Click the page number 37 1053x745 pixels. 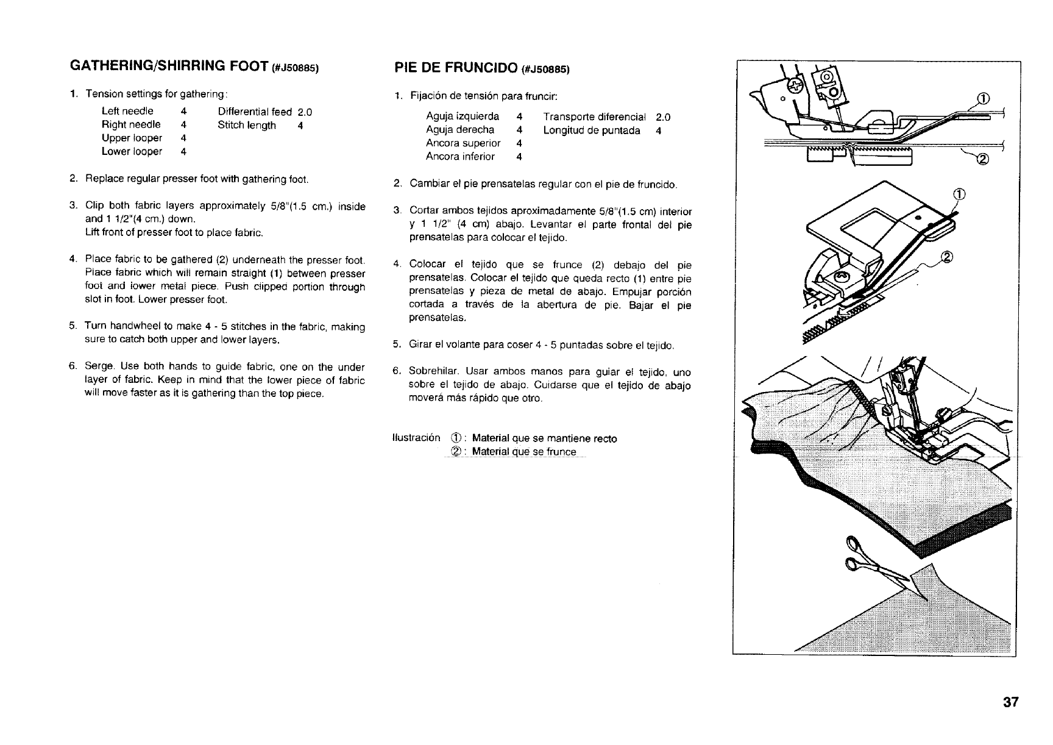point(1010,702)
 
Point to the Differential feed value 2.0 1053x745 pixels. point(305,112)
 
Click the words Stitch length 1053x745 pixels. point(247,126)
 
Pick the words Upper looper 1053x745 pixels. point(132,138)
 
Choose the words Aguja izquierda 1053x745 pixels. point(462,116)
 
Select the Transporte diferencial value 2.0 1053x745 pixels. point(663,117)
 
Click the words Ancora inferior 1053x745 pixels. point(460,157)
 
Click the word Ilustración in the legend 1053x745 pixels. point(417,438)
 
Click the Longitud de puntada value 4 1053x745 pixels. point(659,130)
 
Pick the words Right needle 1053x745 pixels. point(131,125)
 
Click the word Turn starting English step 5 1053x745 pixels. point(96,327)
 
